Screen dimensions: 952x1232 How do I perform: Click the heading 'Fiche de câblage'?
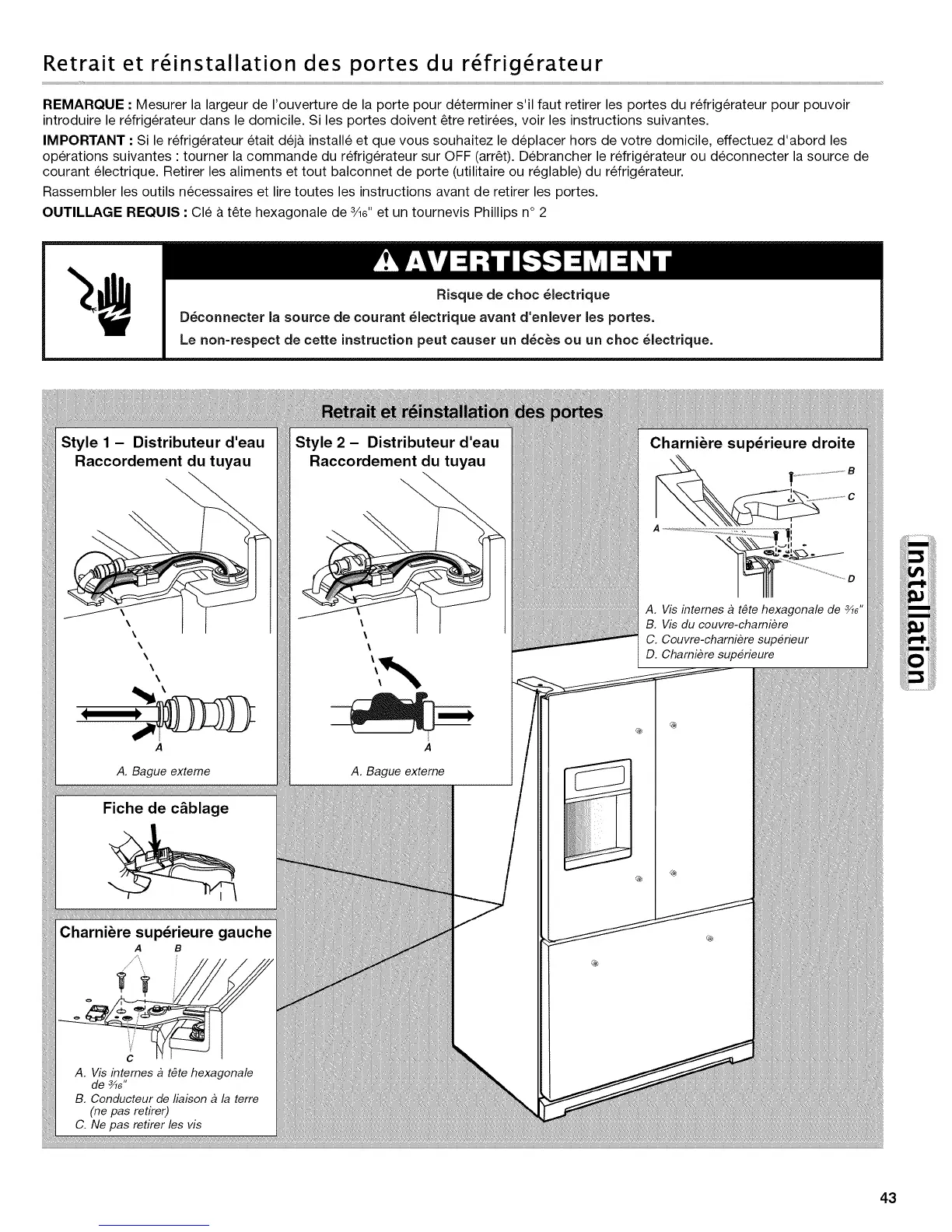(166, 808)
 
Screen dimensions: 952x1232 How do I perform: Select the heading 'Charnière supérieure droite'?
(751, 443)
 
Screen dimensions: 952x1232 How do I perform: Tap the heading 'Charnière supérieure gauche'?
(166, 932)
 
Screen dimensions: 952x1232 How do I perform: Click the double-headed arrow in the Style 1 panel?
(110, 712)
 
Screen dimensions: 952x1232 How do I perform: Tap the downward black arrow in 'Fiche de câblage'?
(159, 841)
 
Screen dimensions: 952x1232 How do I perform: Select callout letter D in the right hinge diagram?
(851, 579)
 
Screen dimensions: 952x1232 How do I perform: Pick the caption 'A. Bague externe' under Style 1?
(163, 771)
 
